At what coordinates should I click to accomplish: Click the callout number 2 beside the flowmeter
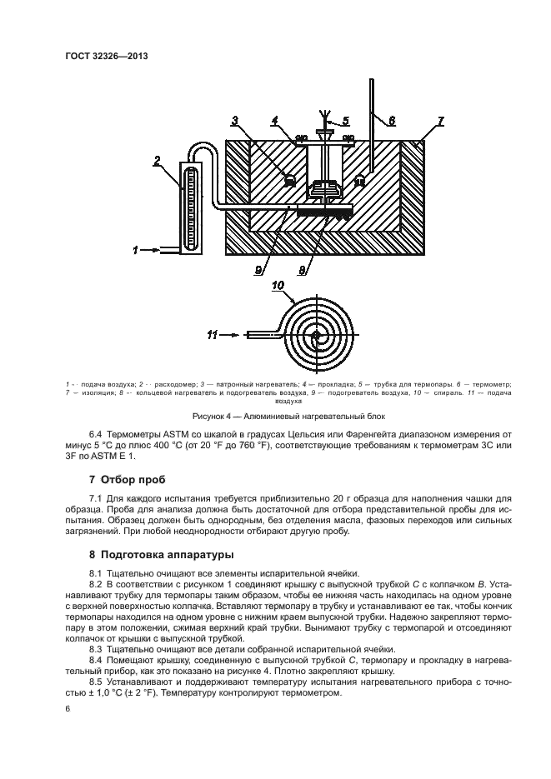156,160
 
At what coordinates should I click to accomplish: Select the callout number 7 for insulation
440,122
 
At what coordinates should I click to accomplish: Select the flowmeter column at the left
190,207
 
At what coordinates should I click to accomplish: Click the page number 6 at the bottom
68,708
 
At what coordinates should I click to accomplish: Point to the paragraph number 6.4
97,434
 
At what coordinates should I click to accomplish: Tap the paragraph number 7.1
97,499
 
